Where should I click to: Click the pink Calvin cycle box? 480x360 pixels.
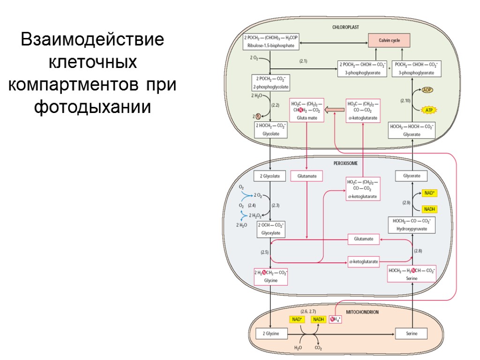point(389,41)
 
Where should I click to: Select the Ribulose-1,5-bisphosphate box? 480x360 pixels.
point(271,42)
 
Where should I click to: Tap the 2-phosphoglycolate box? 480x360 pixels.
point(271,82)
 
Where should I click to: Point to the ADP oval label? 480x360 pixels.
point(427,90)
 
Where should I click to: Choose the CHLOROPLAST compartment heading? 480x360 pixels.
point(345,28)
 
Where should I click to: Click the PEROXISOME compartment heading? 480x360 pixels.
point(345,163)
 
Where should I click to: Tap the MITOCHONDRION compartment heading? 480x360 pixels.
point(363,312)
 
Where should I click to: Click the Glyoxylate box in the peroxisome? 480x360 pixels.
point(271,228)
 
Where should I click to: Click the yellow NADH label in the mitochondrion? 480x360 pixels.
point(319,319)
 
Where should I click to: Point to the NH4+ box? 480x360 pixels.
point(336,320)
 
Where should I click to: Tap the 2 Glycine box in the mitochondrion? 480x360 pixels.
point(271,334)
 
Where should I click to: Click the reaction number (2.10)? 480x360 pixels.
point(405,100)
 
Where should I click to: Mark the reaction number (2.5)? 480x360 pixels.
point(264,252)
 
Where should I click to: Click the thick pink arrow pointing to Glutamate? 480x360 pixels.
point(335,110)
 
